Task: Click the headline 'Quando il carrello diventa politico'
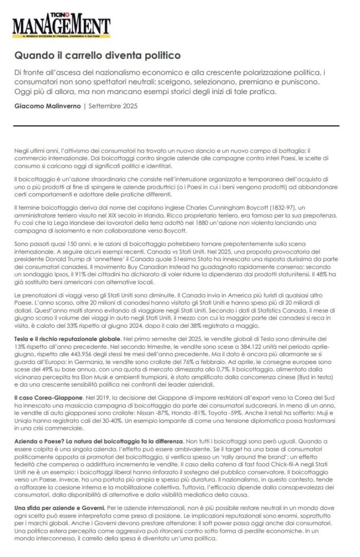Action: pos(97,55)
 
